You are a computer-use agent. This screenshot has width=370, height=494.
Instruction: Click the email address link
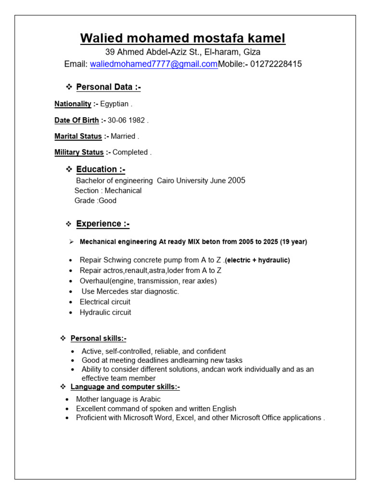(x=154, y=64)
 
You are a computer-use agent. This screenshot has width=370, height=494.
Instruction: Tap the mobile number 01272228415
(x=276, y=64)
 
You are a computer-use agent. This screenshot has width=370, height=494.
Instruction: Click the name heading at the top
(x=183, y=38)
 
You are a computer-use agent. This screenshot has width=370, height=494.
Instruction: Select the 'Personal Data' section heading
(x=108, y=87)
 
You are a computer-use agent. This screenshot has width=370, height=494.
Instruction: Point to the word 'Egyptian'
(x=115, y=104)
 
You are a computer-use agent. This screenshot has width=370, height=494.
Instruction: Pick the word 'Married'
(x=123, y=137)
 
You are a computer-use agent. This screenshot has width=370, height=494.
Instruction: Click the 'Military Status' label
(x=79, y=152)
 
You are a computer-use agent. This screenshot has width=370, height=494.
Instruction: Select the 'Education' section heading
(x=101, y=169)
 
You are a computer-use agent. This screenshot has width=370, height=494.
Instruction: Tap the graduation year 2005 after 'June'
(x=237, y=180)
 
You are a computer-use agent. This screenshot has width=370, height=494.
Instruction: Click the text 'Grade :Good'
(x=95, y=201)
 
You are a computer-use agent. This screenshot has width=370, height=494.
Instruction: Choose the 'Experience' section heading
(x=103, y=224)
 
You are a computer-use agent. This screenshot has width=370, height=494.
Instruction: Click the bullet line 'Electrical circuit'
(x=105, y=302)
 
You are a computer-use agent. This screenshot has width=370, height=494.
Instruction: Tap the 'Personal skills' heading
(x=98, y=338)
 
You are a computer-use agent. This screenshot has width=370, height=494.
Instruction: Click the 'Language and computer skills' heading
(x=125, y=387)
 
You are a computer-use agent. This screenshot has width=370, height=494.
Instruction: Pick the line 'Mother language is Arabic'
(x=118, y=399)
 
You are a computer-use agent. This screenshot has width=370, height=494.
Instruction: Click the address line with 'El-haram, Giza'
(x=183, y=52)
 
